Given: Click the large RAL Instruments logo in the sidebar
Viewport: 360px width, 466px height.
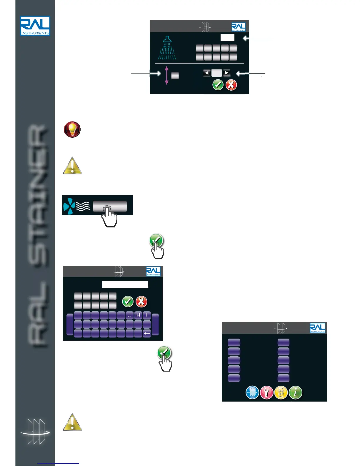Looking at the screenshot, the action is pos(35,26).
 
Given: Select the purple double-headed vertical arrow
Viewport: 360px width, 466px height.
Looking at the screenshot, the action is pos(166,75).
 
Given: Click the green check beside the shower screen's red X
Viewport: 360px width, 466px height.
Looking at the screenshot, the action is pos(218,85).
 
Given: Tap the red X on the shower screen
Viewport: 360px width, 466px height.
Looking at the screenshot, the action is pos(231,85).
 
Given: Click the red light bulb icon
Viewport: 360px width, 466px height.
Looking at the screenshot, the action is pos(72,129).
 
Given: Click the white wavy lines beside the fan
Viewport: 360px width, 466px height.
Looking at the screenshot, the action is pos(83,206).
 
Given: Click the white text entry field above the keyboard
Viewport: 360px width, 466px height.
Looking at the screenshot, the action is pos(125,284).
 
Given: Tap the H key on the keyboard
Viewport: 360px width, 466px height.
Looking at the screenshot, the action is pos(138,315).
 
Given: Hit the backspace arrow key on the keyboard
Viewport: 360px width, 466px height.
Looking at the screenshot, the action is pos(146,333).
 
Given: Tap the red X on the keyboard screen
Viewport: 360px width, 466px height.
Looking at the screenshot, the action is pos(141,302).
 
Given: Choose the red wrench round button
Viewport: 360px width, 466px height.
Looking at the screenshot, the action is pos(267,392).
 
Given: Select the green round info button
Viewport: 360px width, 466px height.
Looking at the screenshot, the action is pos(296,392).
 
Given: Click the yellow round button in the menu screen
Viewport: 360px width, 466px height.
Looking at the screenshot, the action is pos(281,392).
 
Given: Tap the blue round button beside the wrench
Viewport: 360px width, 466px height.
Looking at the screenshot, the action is pos(252,392).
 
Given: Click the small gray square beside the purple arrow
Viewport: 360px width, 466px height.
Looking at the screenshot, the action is pos(175,76).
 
